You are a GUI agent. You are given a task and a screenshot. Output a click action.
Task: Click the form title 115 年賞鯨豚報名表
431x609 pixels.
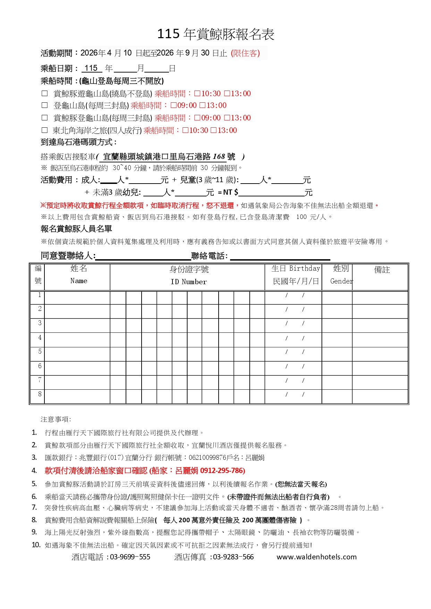pos(215,34)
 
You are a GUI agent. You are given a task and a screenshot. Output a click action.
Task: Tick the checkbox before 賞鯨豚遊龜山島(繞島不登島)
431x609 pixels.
pos(44,93)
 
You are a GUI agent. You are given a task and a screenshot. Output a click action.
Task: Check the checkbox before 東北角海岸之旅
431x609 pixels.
pos(44,130)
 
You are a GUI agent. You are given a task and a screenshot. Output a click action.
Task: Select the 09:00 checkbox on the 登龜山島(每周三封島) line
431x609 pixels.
pos(174,105)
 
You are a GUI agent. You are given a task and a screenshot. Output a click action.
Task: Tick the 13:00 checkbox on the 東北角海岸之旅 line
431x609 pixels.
pos(214,130)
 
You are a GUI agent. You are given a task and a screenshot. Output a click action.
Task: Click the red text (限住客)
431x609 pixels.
pos(245,53)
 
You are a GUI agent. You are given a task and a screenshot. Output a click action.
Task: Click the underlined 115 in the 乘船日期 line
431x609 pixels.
pos(91,68)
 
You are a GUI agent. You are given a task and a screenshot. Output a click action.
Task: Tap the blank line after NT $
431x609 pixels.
pos(271,192)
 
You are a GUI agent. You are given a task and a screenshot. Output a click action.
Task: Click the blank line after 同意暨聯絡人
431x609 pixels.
pos(143,256)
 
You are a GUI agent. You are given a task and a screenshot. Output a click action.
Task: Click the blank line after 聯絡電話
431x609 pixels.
pos(280,256)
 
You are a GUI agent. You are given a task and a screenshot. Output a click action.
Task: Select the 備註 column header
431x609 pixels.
pos(381,270)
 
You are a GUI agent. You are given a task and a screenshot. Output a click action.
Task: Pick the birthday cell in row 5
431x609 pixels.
pos(294,354)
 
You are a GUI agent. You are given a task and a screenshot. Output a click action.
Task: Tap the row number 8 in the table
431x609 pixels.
pos(40,394)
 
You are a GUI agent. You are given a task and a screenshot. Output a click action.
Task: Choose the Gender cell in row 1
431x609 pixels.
pos(337,297)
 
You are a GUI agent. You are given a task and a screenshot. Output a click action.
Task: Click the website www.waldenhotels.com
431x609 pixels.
pos(316,557)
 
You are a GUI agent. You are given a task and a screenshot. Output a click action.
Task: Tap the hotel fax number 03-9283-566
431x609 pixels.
pos(233,557)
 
